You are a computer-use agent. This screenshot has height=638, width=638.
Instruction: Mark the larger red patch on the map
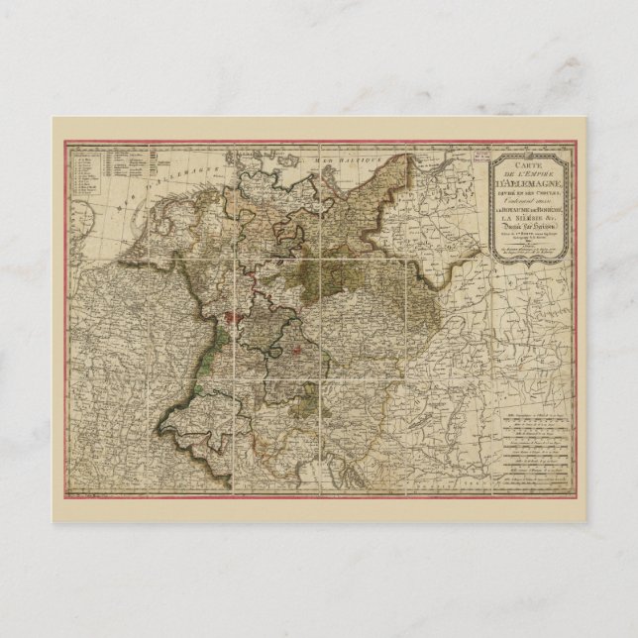tap(231, 319)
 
